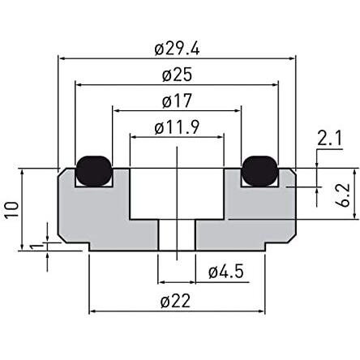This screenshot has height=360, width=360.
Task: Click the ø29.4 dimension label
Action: (x=177, y=49)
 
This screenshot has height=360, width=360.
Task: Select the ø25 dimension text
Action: (x=177, y=75)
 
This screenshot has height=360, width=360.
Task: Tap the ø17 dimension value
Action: (x=177, y=101)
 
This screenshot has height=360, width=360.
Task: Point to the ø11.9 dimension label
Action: (x=177, y=127)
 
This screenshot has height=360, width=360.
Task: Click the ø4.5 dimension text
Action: (x=226, y=272)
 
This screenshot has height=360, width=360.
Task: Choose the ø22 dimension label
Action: (x=175, y=302)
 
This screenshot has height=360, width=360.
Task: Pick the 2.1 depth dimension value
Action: (x=329, y=138)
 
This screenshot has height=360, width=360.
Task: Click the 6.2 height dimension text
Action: (x=344, y=195)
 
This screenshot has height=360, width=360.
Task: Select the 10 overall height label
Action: (x=12, y=209)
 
